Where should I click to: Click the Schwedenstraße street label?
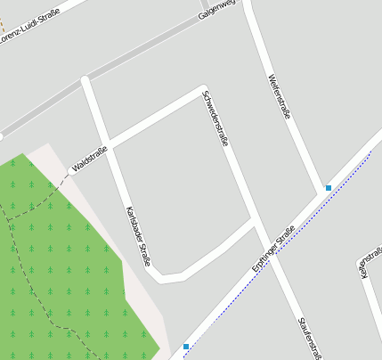[x=215, y=118]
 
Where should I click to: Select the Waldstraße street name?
[x=89, y=159]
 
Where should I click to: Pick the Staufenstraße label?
[x=310, y=337]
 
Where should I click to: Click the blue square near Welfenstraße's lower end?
[x=329, y=188]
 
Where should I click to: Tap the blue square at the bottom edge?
[x=186, y=346]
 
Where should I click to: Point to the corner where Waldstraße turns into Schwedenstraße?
[x=204, y=89]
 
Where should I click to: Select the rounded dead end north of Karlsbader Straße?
[x=85, y=81]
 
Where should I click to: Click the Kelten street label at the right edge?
[x=364, y=268]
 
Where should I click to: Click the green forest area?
[x=62, y=267]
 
